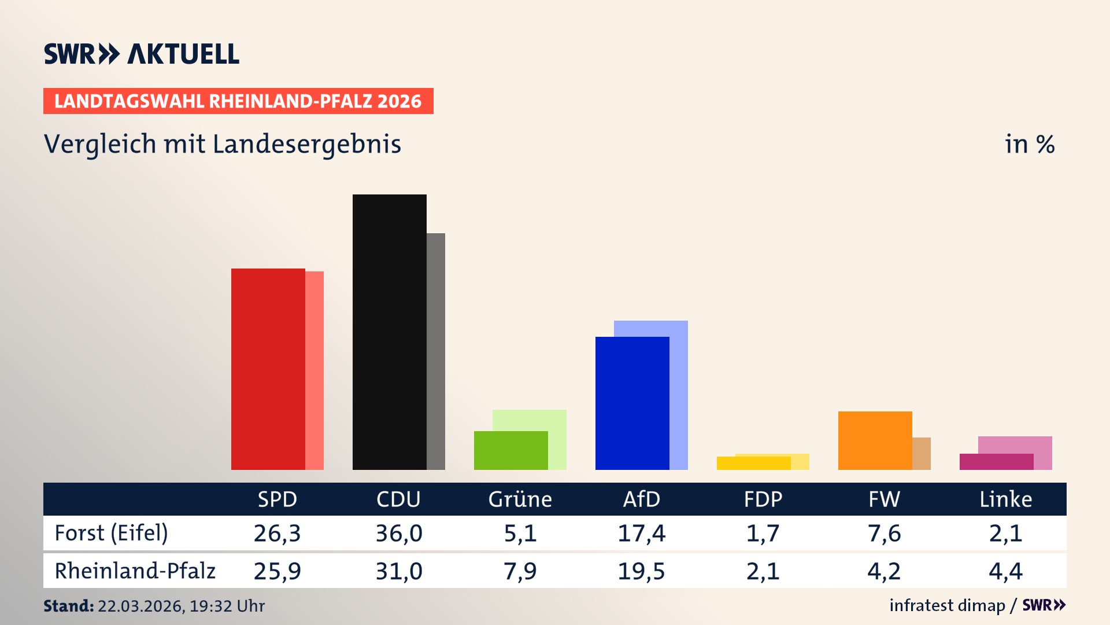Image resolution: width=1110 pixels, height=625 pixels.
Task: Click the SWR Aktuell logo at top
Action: click(142, 54)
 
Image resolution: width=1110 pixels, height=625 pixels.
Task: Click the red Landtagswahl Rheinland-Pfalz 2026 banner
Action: click(238, 101)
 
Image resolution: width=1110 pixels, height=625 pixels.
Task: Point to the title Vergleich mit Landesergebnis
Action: click(222, 144)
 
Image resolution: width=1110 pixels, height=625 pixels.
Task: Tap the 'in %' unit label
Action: click(1029, 145)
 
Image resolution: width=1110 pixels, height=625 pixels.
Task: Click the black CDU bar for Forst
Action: click(389, 332)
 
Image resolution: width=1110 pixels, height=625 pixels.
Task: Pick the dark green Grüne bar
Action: click(510, 450)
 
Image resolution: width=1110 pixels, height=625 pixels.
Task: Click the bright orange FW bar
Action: click(875, 440)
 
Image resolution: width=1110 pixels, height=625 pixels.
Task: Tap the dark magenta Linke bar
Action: click(996, 462)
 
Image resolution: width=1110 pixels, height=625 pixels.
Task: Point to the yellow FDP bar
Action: click(753, 463)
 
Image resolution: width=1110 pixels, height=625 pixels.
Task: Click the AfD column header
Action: click(641, 499)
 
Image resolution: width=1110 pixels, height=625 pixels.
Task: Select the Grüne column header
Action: click(520, 499)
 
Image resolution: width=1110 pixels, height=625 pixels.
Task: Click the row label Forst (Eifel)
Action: click(111, 533)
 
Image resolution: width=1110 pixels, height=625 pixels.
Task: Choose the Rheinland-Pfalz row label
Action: click(135, 571)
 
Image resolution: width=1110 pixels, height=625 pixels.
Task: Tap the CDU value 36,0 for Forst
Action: click(399, 533)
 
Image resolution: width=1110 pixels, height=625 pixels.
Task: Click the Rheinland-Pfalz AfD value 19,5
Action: click(641, 571)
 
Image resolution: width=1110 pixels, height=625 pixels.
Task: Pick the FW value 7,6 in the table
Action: click(884, 533)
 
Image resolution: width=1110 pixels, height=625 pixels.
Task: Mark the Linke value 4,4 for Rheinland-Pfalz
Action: click(1005, 571)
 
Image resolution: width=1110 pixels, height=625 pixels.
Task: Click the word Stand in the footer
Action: click(68, 606)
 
